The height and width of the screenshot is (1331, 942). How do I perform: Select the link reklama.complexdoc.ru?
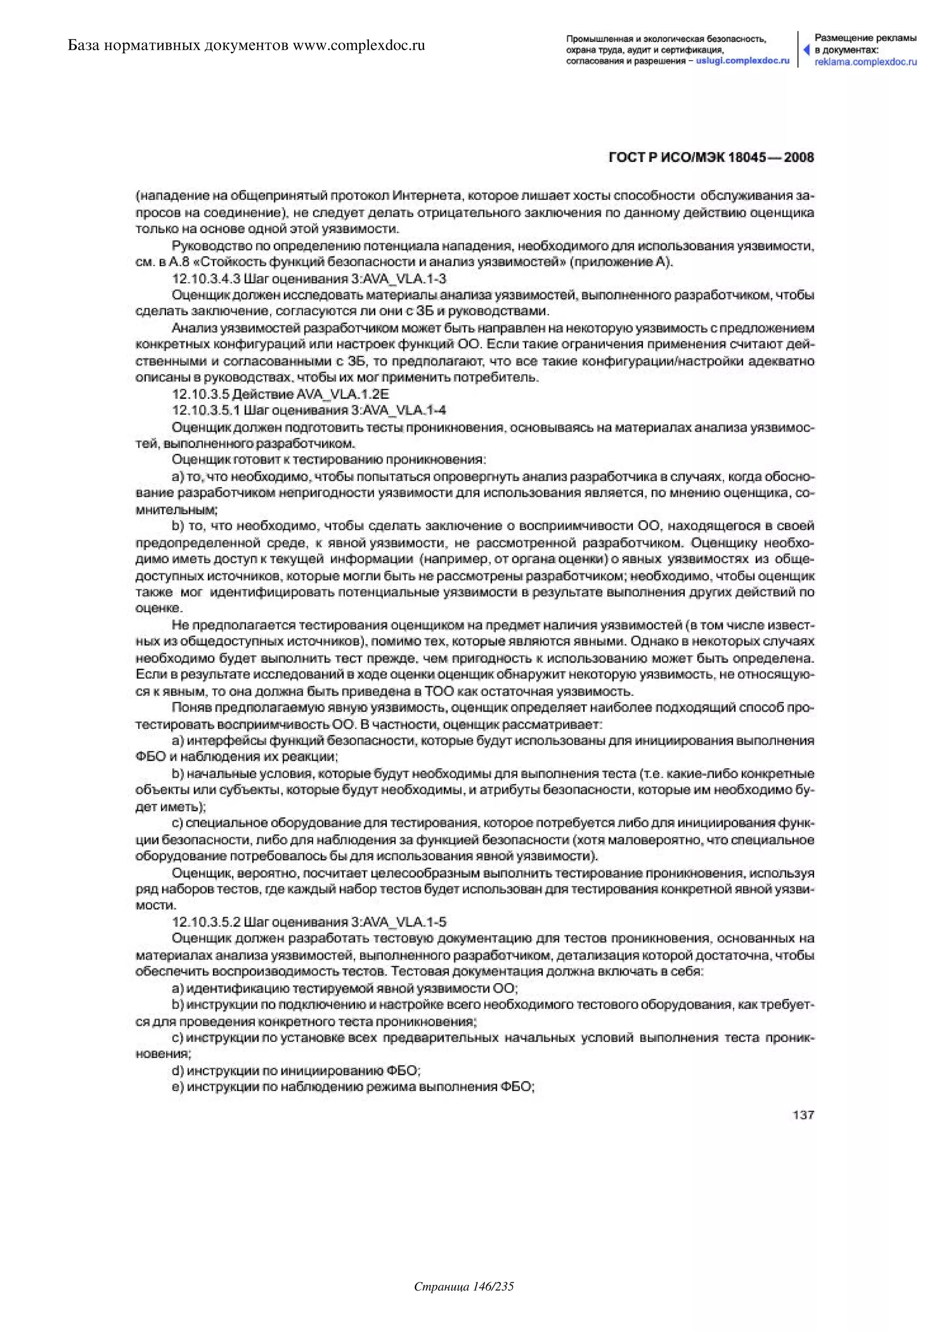pyautogui.click(x=866, y=62)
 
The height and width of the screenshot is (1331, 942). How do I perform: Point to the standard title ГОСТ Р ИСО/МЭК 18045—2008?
pyautogui.click(x=711, y=157)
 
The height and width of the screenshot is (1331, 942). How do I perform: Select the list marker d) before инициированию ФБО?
pyautogui.click(x=178, y=1070)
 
